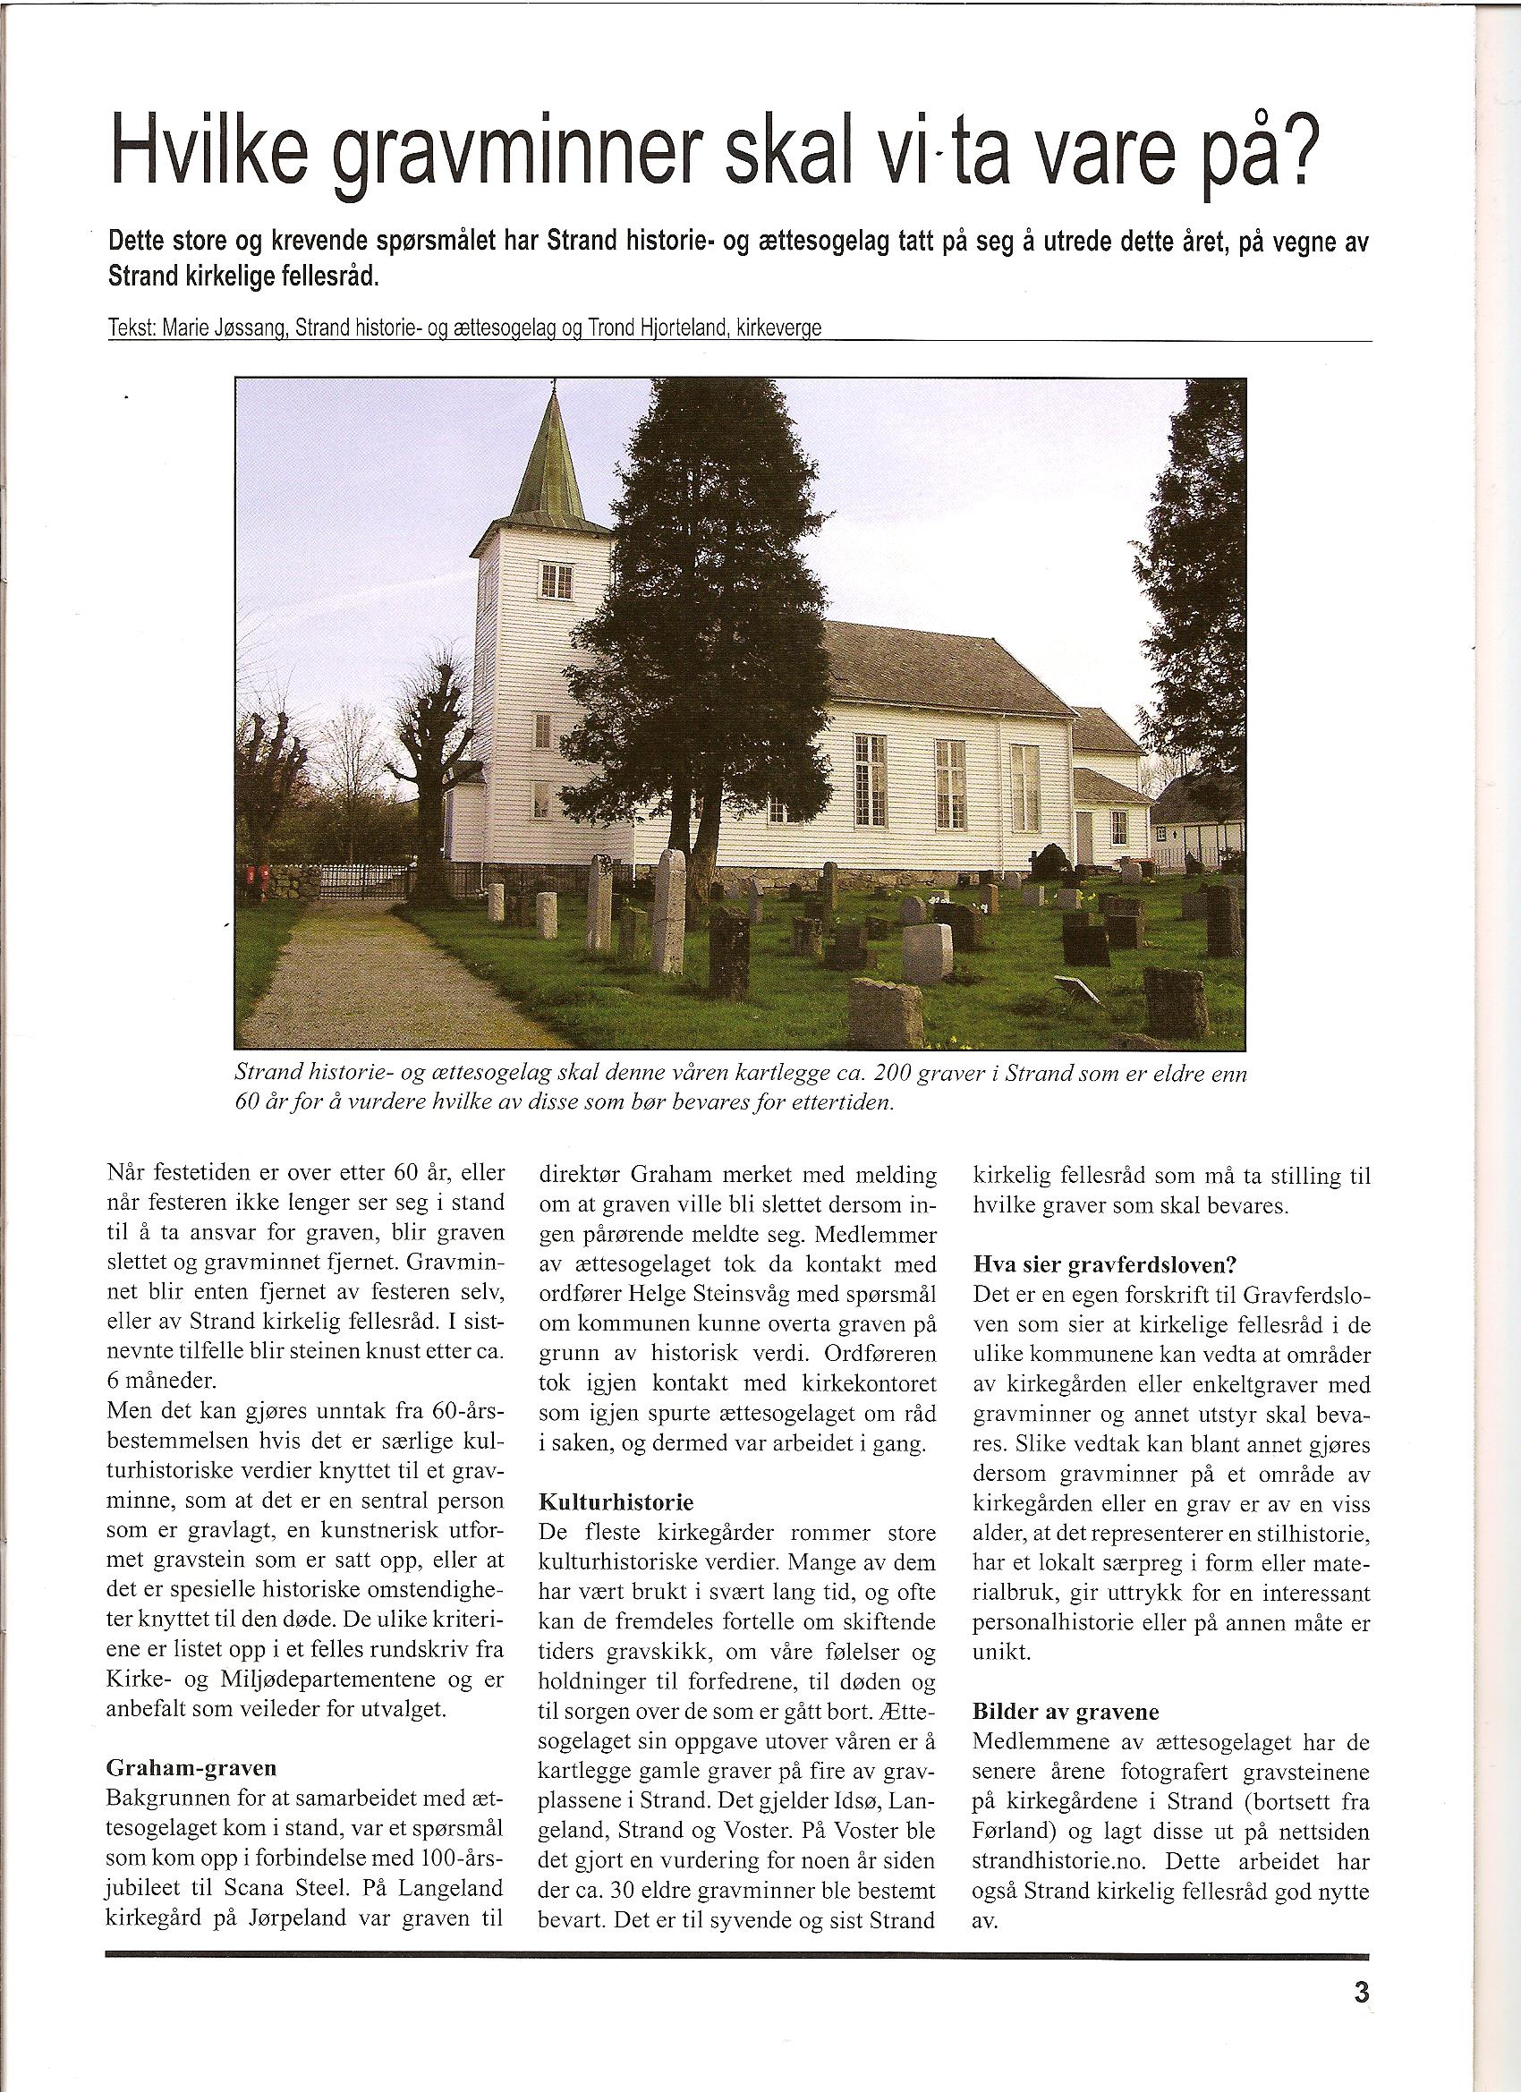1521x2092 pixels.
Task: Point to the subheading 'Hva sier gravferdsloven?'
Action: pos(1093,1263)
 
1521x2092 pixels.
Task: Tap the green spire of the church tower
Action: pos(554,461)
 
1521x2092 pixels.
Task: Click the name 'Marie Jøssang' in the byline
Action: pos(223,330)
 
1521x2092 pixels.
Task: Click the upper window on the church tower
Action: pos(557,580)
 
